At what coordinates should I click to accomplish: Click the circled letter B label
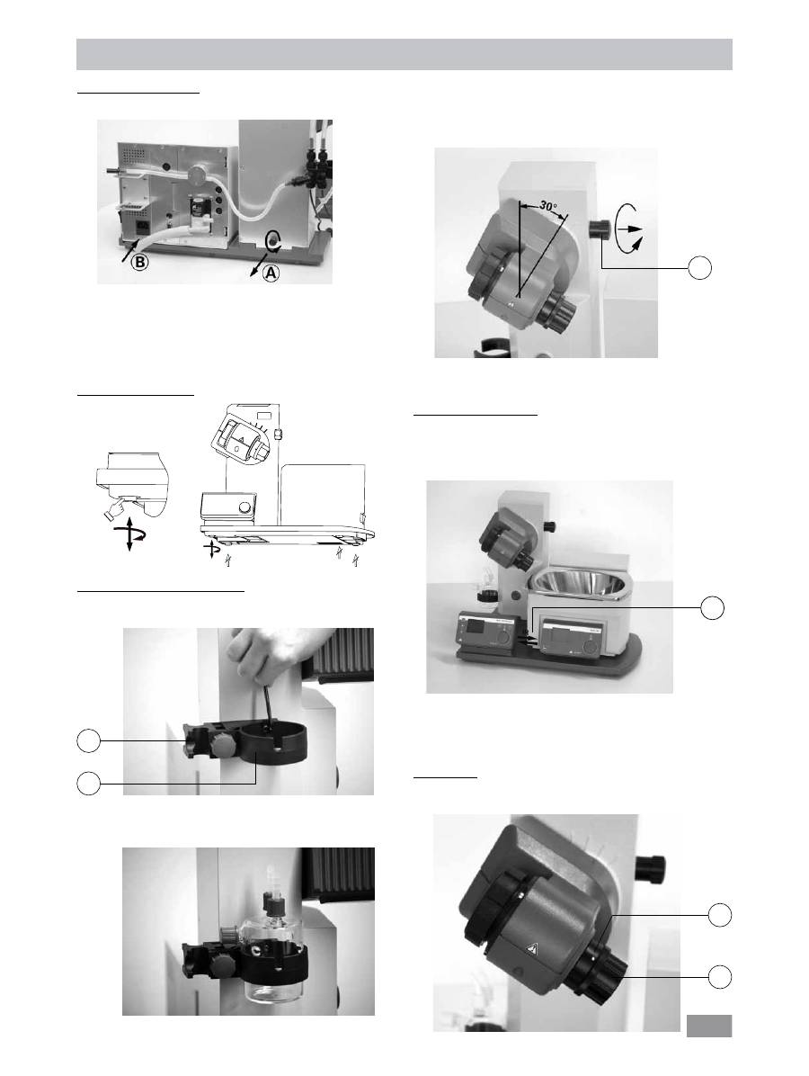140,262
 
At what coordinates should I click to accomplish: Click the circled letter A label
271,273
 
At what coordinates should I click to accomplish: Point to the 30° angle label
547,205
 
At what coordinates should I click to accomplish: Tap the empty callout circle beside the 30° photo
699,267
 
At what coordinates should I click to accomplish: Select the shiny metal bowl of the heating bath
582,584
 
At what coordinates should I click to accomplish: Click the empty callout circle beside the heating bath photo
712,607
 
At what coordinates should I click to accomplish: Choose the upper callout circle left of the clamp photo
88,740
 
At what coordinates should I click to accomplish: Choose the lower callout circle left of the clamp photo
88,783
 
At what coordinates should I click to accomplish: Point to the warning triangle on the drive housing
533,948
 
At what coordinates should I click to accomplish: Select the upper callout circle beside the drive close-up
719,915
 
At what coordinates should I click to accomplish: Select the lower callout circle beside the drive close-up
719,976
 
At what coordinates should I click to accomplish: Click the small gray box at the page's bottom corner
709,1026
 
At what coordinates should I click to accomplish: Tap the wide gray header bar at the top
404,54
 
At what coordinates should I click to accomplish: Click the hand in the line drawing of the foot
116,508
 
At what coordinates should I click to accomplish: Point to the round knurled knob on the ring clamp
223,746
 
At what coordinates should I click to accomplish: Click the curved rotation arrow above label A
272,241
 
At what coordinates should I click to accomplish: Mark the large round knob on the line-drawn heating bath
244,508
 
